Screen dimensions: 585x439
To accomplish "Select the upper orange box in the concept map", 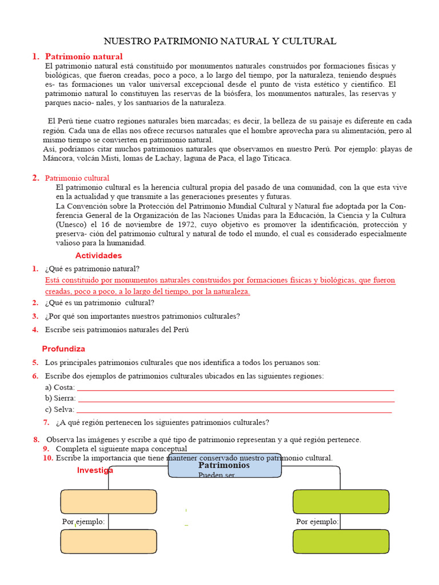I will [x=109, y=502].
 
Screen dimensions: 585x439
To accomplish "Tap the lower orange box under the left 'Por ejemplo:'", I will [x=109, y=542].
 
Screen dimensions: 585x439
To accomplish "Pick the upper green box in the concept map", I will [x=341, y=502].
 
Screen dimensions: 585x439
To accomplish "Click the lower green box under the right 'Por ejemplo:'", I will [x=341, y=542].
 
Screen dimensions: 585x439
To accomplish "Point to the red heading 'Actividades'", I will [x=98, y=255].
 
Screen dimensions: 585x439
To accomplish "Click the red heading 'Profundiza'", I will [x=63, y=348].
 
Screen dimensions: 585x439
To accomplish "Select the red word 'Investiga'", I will [x=95, y=470].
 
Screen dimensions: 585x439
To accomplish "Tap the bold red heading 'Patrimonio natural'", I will [x=83, y=57].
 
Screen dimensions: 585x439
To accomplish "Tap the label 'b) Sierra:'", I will [x=60, y=398].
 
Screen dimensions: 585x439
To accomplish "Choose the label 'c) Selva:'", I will [x=59, y=409].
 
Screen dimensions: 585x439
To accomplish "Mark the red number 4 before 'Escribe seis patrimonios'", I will [x=35, y=329].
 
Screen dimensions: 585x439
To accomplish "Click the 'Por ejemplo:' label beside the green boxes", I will [x=317, y=522].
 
